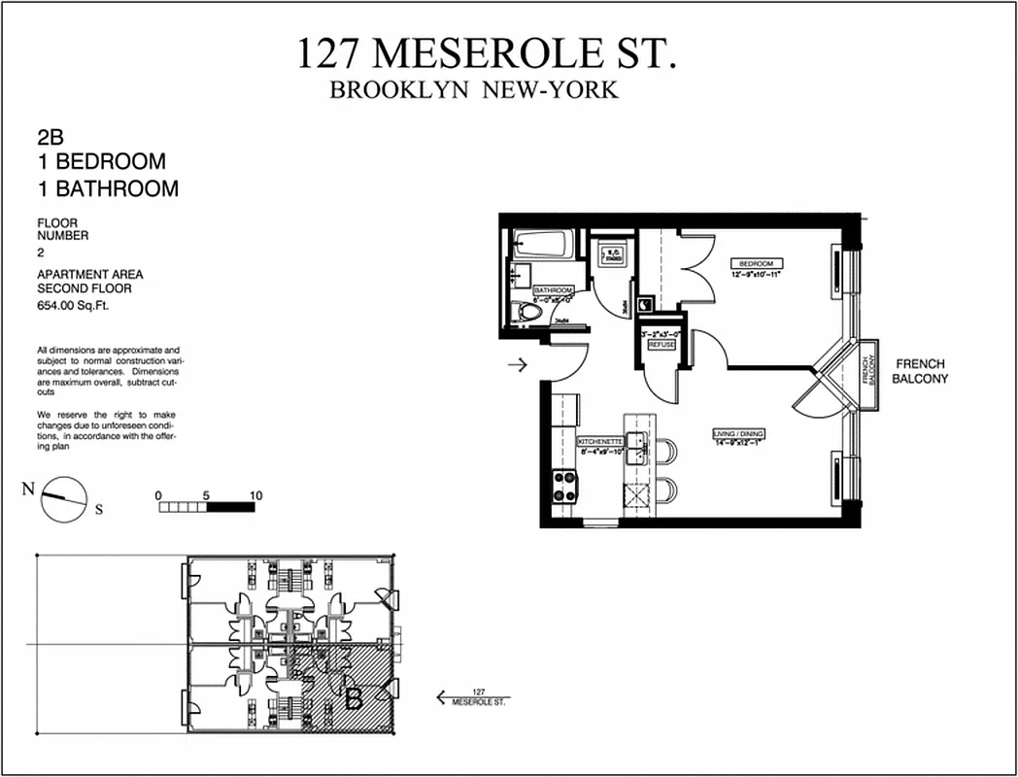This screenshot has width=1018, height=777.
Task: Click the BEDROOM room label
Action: coord(756,263)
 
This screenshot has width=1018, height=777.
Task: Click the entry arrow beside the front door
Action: coord(517,365)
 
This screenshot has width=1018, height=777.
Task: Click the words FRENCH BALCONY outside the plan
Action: coord(920,371)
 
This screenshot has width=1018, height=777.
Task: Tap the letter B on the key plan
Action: coord(355,696)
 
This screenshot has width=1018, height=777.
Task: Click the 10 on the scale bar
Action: coord(255,495)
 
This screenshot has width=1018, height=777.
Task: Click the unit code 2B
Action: coord(51,139)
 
